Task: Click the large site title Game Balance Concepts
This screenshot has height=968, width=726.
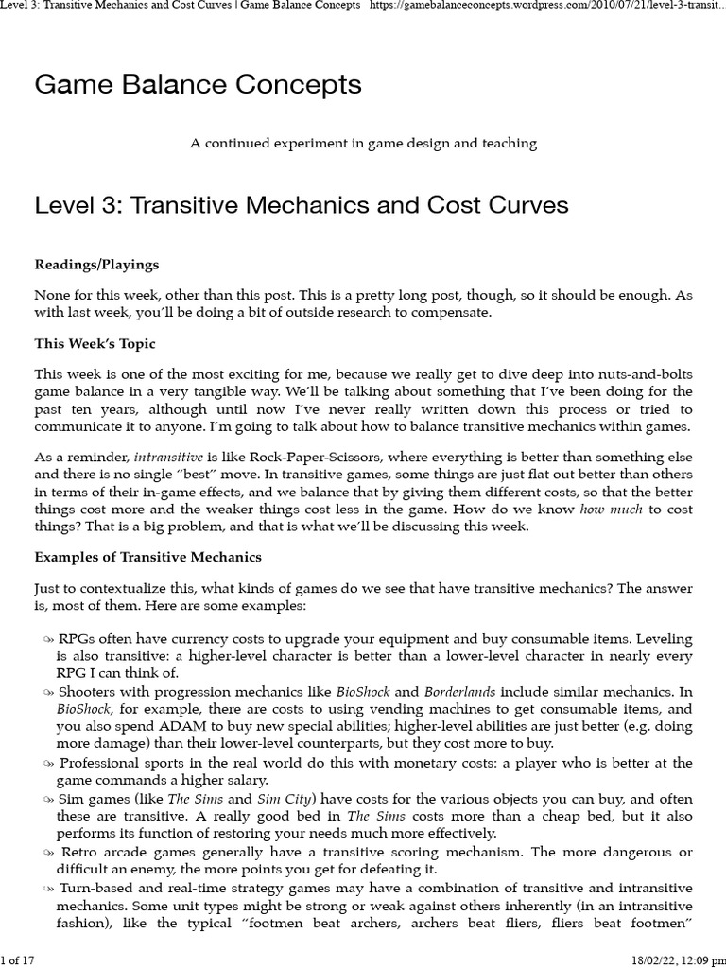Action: click(198, 85)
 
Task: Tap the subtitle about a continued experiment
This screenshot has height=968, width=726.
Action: click(363, 144)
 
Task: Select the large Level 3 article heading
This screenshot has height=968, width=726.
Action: click(301, 205)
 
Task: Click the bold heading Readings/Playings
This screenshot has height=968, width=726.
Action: click(96, 265)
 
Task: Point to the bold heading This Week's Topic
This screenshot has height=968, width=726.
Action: click(95, 343)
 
